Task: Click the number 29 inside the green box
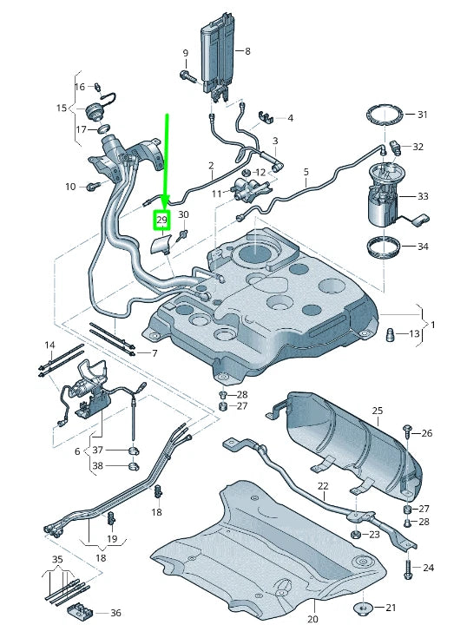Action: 161,221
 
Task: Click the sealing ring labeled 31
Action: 383,115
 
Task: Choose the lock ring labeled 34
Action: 384,247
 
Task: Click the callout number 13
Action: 414,334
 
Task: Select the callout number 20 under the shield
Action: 312,619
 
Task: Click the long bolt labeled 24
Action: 407,569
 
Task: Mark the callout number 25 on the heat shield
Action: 377,410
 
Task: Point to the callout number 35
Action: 57,560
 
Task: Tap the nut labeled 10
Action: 91,186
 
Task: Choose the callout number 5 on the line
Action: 306,172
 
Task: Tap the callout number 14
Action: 49,345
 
